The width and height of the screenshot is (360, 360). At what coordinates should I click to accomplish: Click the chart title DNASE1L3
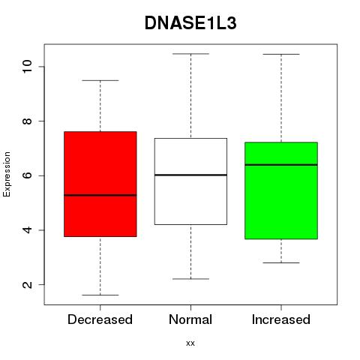pyautogui.click(x=190, y=23)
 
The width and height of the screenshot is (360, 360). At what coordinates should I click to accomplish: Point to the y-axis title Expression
pyautogui.click(x=7, y=174)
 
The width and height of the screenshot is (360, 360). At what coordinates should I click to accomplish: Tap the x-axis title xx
pyautogui.click(x=190, y=343)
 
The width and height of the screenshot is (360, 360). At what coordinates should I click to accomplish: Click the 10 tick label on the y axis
pyautogui.click(x=27, y=67)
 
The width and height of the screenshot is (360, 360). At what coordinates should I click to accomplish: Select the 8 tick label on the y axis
pyautogui.click(x=27, y=121)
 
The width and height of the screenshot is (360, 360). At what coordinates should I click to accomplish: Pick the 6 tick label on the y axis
pyautogui.click(x=27, y=175)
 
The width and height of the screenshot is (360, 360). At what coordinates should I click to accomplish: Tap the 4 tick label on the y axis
pyautogui.click(x=27, y=230)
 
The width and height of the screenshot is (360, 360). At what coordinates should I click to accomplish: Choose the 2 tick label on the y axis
pyautogui.click(x=27, y=284)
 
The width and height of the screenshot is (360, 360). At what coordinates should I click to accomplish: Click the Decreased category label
pyautogui.click(x=100, y=319)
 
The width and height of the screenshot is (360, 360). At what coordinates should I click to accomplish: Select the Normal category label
pyautogui.click(x=190, y=319)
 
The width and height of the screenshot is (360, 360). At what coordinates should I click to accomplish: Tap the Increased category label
pyautogui.click(x=281, y=319)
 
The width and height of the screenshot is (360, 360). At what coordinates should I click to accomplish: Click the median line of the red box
pyautogui.click(x=100, y=195)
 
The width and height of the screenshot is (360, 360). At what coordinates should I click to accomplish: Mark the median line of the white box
pyautogui.click(x=190, y=175)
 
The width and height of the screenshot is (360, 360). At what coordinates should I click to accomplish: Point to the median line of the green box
pyautogui.click(x=281, y=165)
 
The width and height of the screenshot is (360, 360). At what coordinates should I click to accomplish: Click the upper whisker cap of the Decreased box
pyautogui.click(x=100, y=80)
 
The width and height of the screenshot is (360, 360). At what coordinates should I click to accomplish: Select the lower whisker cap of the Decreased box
pyautogui.click(x=100, y=295)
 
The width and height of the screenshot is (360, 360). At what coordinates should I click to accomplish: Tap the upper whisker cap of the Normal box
pyautogui.click(x=190, y=54)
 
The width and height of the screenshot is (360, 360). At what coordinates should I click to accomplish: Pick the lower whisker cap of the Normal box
pyautogui.click(x=190, y=279)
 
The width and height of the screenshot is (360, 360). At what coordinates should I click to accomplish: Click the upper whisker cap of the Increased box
pyautogui.click(x=281, y=54)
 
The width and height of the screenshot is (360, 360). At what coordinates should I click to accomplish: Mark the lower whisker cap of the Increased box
pyautogui.click(x=281, y=262)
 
